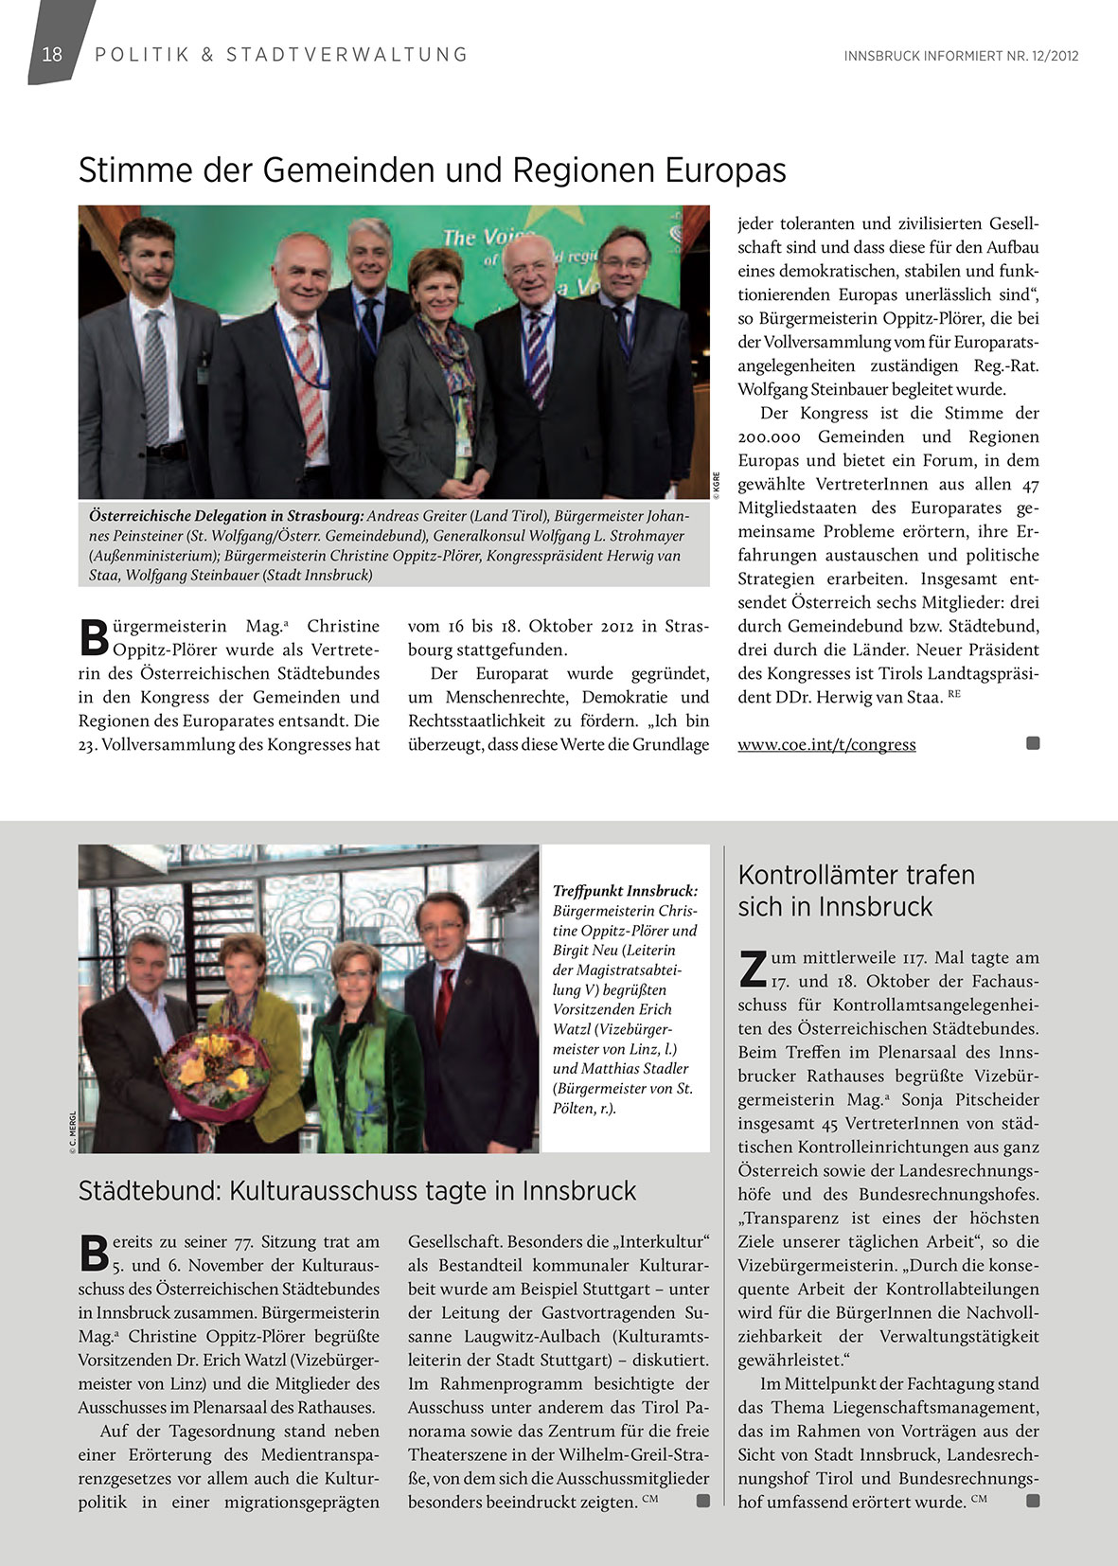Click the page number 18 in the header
pyautogui.click(x=52, y=54)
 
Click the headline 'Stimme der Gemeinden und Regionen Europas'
pyautogui.click(x=432, y=170)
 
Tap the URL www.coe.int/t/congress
pyautogui.click(x=826, y=744)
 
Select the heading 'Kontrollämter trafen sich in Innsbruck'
pyautogui.click(x=856, y=890)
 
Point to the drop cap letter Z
pyautogui.click(x=753, y=968)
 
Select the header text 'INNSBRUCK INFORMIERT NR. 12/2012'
pyautogui.click(x=961, y=56)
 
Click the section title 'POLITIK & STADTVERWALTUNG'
pyautogui.click(x=281, y=55)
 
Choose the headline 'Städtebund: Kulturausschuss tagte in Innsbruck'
pyautogui.click(x=357, y=1190)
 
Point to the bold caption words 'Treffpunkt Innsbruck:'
pyautogui.click(x=625, y=891)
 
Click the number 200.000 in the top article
pyautogui.click(x=769, y=436)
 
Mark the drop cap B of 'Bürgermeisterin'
pyautogui.click(x=94, y=636)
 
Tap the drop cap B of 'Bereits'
pyautogui.click(x=94, y=1252)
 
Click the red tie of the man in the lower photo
pyautogui.click(x=443, y=1001)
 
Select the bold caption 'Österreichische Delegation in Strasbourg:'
pyautogui.click(x=225, y=516)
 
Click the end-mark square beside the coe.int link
pyautogui.click(x=1033, y=743)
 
